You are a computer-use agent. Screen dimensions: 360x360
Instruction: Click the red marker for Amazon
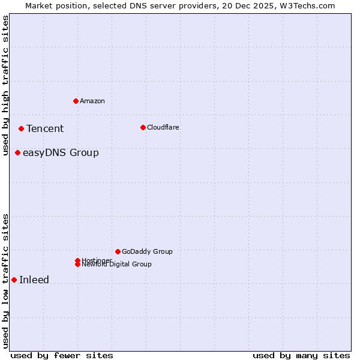coord(76,101)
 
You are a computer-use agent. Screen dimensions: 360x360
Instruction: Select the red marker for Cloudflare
coord(143,127)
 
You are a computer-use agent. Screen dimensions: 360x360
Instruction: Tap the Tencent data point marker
coord(21,128)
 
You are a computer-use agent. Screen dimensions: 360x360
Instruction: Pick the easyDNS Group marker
coord(17,152)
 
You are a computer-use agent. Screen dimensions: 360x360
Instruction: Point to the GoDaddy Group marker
coord(118,251)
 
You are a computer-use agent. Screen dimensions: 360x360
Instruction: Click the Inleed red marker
coord(14,280)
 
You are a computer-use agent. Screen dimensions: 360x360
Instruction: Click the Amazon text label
coord(92,101)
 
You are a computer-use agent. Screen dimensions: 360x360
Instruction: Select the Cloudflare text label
coord(163,127)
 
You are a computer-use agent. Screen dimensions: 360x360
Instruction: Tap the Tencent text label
coord(45,128)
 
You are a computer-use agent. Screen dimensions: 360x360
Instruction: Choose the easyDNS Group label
coord(61,152)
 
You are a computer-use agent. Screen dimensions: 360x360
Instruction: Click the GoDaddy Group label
coord(147,251)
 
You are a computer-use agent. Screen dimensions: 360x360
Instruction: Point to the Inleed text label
coord(34,280)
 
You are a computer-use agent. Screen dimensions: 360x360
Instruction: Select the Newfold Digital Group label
coord(117,264)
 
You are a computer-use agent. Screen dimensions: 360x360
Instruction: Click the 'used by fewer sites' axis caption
coord(62,355)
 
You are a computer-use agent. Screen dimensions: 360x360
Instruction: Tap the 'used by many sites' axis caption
coord(301,355)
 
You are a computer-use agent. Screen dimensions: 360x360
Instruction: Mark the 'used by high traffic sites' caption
coord(6,85)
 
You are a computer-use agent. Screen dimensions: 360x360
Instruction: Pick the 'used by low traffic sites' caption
coord(6,281)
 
